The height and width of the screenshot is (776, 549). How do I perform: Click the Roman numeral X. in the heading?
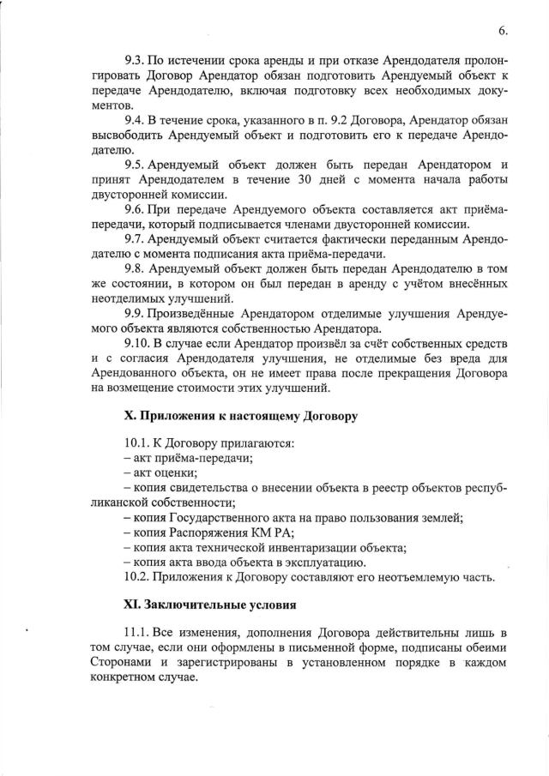coord(131,417)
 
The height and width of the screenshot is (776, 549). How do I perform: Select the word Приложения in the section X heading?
coord(178,417)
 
